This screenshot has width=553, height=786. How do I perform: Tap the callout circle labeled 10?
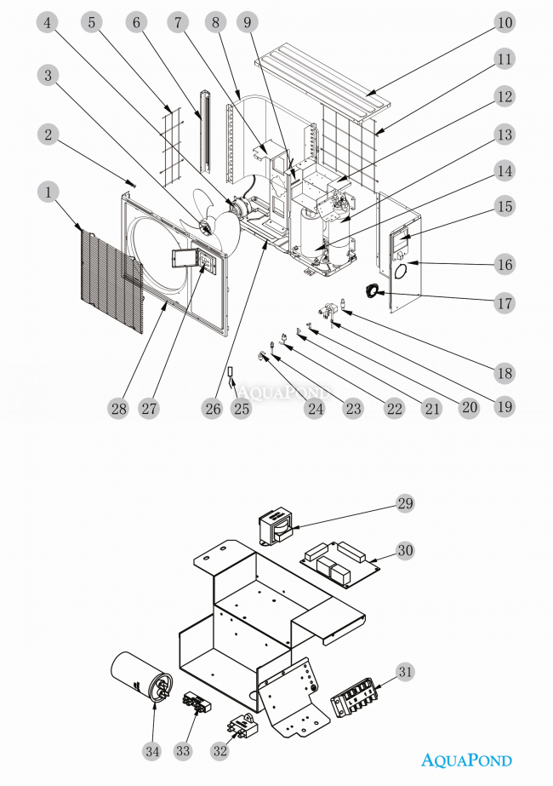[x=505, y=21]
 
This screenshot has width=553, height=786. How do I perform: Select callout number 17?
[x=505, y=302]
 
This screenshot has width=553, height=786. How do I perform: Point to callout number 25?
[x=242, y=409]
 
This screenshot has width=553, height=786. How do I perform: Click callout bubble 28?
[x=117, y=409]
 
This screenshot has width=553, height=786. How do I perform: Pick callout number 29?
[x=405, y=503]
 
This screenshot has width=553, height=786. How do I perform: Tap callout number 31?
[x=405, y=671]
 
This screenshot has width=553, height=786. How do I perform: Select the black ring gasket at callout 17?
[x=373, y=291]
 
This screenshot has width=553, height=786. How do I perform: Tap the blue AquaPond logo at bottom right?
[x=467, y=760]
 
